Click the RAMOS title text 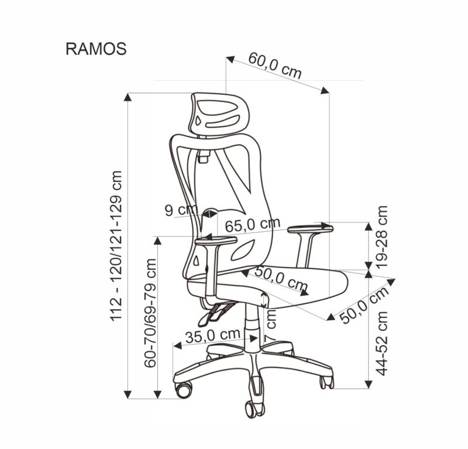pos(95,49)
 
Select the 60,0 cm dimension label pos(275,66)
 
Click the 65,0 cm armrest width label pos(253,224)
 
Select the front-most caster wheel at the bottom pos(254,406)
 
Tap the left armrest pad pos(216,239)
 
